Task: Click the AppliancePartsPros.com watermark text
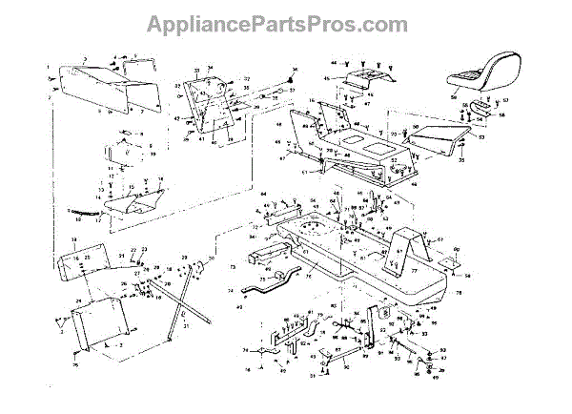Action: point(285,21)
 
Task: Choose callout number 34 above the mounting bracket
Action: point(212,69)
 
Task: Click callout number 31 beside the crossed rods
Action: point(187,326)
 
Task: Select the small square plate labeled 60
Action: point(383,310)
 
